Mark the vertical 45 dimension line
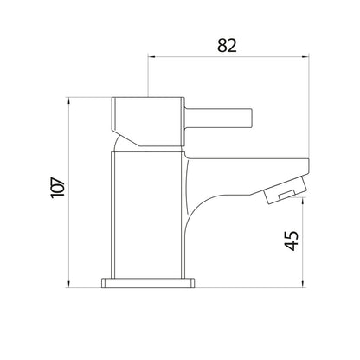click(x=302, y=242)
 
